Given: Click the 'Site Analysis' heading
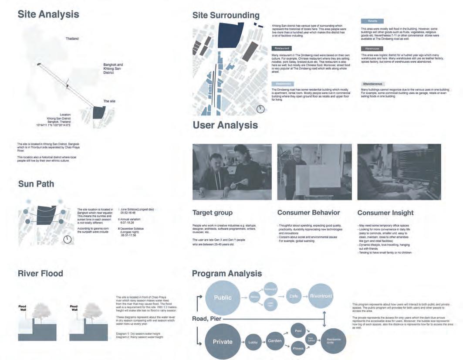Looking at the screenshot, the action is click(48, 14).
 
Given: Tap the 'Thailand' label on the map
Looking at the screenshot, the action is click(72, 39).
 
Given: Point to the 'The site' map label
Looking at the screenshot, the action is click(109, 101).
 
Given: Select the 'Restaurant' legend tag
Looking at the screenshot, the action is click(281, 48).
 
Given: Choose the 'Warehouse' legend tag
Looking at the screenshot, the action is click(372, 48).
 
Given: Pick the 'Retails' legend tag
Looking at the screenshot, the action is click(372, 21).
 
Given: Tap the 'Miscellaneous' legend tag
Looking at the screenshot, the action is click(373, 84).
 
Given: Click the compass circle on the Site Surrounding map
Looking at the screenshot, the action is click(260, 109).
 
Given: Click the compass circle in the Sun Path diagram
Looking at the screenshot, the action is click(68, 239).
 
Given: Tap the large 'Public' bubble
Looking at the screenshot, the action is click(223, 298).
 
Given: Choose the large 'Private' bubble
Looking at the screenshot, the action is click(223, 342).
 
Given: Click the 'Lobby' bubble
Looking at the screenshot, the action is click(253, 343).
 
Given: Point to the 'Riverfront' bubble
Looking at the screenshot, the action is click(321, 296).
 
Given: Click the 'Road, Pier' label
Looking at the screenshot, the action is click(207, 319).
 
